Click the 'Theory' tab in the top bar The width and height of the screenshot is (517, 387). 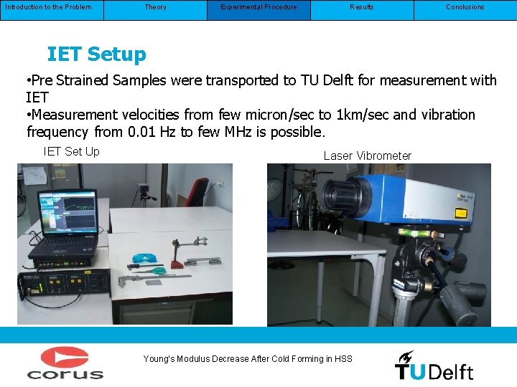[x=155, y=7]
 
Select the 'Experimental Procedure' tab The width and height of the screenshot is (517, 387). [x=258, y=7]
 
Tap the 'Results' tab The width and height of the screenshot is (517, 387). [x=362, y=7]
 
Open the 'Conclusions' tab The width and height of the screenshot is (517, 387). [x=465, y=7]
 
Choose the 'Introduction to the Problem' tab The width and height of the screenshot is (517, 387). [x=48, y=7]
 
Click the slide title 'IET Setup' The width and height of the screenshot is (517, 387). [x=96, y=54]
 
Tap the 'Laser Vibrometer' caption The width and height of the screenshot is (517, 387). [x=367, y=156]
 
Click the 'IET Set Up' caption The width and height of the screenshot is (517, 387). [x=72, y=151]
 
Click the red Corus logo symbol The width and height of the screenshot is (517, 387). [x=65, y=358]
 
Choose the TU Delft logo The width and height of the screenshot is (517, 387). [x=434, y=365]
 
